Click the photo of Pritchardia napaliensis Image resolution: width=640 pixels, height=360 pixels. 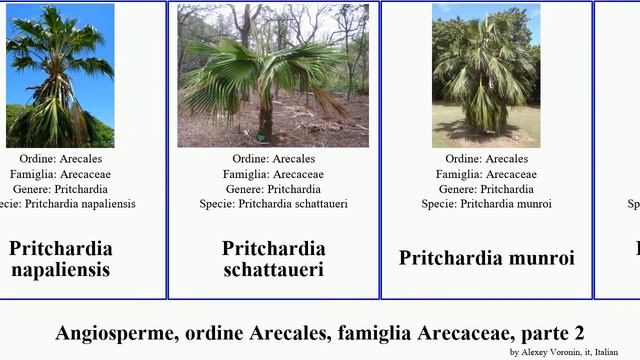click(60, 76)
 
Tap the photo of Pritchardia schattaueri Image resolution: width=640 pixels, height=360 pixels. click(273, 76)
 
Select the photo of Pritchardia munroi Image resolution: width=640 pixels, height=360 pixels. click(486, 76)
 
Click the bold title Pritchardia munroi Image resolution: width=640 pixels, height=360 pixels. click(487, 258)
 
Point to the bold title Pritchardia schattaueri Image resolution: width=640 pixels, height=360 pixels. click(273, 258)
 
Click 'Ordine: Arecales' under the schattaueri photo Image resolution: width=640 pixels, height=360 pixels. click(273, 159)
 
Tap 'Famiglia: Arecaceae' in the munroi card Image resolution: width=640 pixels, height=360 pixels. click(487, 174)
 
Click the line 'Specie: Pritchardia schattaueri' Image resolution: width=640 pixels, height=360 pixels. click(273, 204)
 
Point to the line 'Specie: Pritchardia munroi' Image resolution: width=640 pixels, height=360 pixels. click(487, 204)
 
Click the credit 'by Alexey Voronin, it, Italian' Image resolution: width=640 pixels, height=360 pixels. click(563, 352)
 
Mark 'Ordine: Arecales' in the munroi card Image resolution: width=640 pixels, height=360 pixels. click(487, 159)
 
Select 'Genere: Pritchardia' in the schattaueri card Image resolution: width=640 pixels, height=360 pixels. click(273, 189)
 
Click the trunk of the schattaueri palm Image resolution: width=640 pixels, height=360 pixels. click(266, 120)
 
